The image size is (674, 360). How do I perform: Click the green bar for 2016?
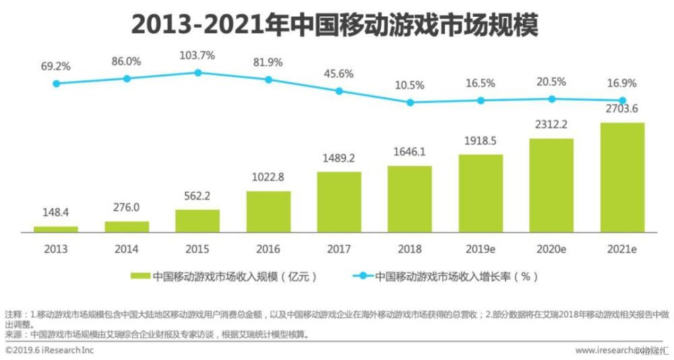click(x=268, y=212)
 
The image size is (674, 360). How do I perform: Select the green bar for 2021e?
click(x=622, y=177)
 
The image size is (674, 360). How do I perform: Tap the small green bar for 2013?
click(x=56, y=229)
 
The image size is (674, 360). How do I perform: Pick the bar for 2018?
click(x=410, y=199)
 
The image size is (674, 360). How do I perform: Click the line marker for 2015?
click(x=198, y=73)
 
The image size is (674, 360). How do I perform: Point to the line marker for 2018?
click(x=410, y=102)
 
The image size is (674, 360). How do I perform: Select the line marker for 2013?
click(x=57, y=84)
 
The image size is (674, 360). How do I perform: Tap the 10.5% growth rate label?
click(x=410, y=85)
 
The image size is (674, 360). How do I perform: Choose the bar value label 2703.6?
click(x=622, y=110)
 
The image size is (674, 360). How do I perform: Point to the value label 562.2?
click(x=197, y=197)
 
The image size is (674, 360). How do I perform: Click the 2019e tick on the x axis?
click(x=481, y=249)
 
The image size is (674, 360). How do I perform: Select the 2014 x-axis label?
click(x=127, y=249)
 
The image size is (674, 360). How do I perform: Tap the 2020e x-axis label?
click(x=551, y=249)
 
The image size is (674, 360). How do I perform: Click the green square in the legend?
click(x=141, y=276)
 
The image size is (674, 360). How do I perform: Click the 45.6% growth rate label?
click(x=339, y=73)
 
